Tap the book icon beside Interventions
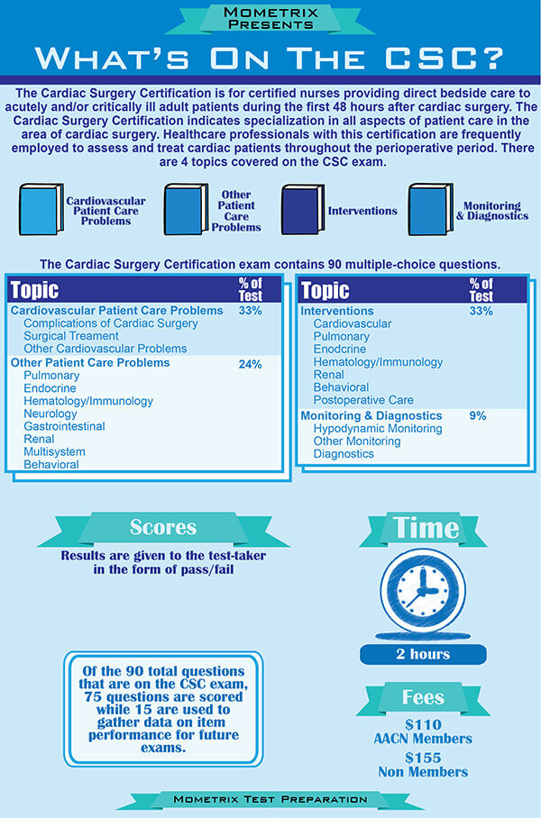coord(301,210)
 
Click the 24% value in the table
coord(251,364)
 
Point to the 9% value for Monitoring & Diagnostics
coord(478,415)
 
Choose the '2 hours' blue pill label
coord(423,654)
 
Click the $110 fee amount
coord(423,723)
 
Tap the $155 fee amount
coord(423,757)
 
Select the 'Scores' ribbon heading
coord(163,528)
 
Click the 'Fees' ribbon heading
coord(423,696)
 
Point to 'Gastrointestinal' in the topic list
coord(64,426)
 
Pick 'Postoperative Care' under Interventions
coord(363,400)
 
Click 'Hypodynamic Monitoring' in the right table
coord(377,429)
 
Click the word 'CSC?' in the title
coord(447,59)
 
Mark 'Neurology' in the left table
coord(50,414)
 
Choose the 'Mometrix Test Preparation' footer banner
coord(270,799)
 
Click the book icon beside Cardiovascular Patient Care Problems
coord(41,210)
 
